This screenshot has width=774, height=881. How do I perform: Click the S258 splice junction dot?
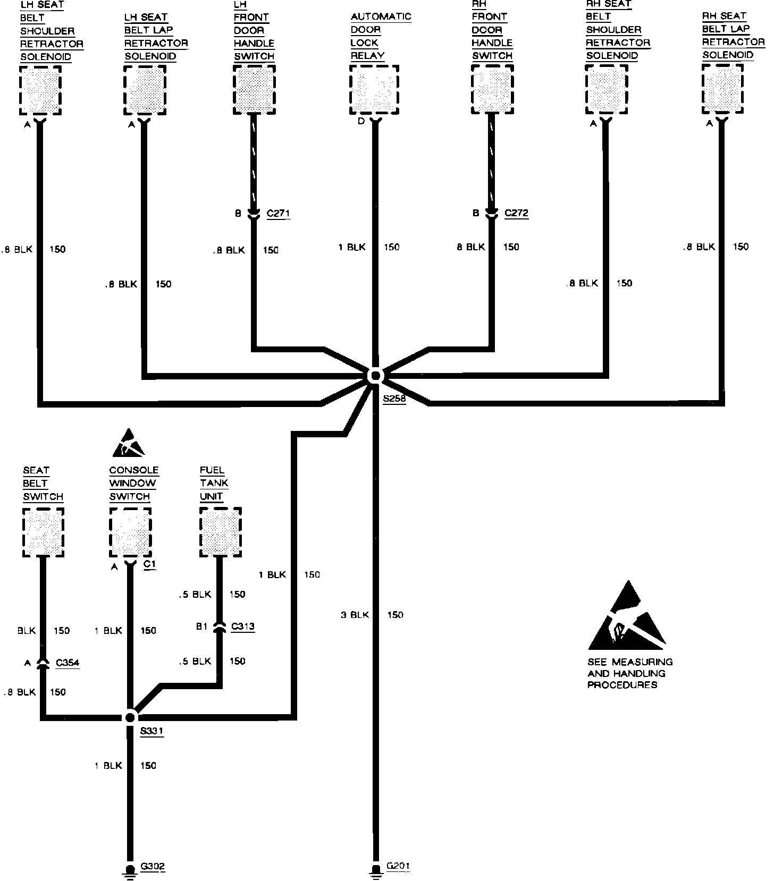coord(375,376)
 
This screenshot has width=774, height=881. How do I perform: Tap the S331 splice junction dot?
coord(130,717)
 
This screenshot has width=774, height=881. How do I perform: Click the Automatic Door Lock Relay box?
coord(374,90)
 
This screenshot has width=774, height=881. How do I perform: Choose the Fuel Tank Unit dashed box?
coord(221,532)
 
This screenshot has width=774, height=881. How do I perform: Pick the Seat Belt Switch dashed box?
coord(44,532)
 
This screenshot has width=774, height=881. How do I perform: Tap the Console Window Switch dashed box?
coord(130,532)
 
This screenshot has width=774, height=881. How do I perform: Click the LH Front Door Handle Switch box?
coord(255,89)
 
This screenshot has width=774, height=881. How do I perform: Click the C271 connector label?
coord(278,214)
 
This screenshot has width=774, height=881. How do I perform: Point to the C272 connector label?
coord(516,213)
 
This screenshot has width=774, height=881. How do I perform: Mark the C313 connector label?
coord(243,626)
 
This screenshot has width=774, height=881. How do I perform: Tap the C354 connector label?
coord(68,663)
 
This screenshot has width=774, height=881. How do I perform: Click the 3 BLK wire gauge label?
coord(355,615)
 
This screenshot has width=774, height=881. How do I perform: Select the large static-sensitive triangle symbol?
coord(627,619)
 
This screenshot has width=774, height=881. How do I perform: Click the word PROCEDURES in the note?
coord(622,685)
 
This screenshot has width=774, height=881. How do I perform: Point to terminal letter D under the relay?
coord(361,122)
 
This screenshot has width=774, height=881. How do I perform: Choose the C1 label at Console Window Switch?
coord(150,564)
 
